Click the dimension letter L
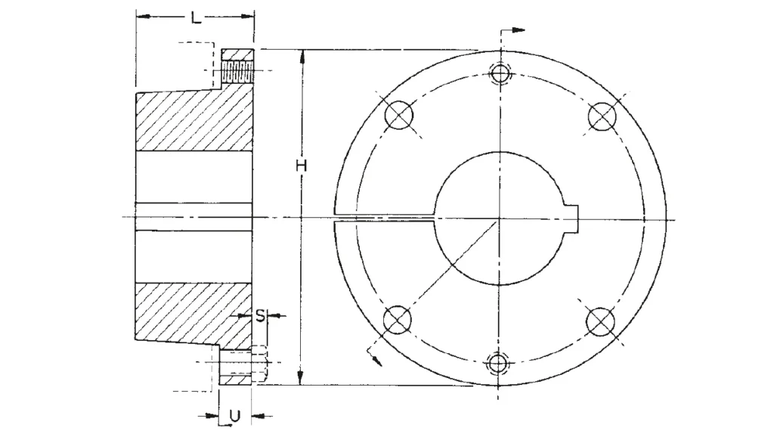(195, 18)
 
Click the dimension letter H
(300, 165)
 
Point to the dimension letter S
(259, 315)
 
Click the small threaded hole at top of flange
(500, 73)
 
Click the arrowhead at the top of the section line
(519, 30)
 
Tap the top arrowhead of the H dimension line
(302, 55)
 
